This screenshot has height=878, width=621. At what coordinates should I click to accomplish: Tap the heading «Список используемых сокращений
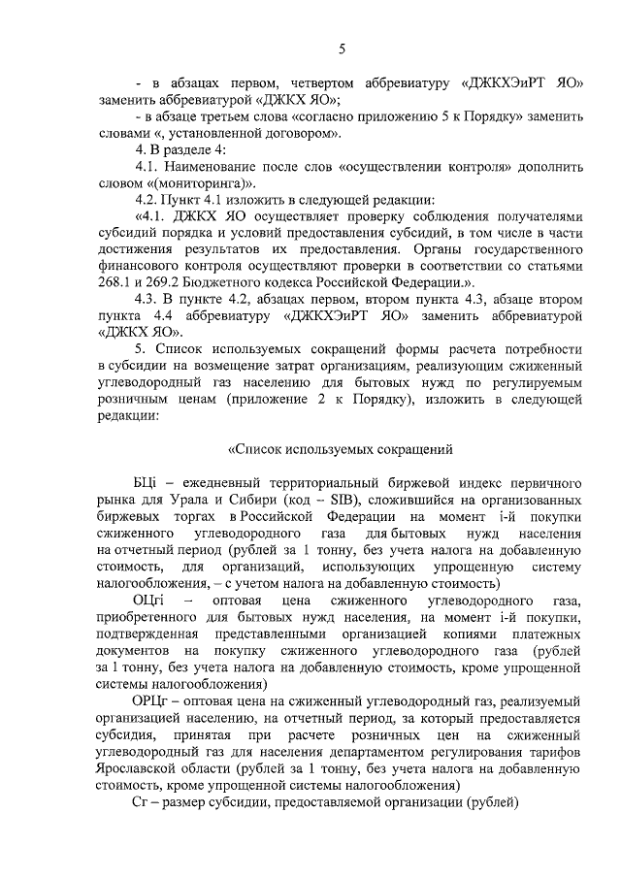point(341,449)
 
